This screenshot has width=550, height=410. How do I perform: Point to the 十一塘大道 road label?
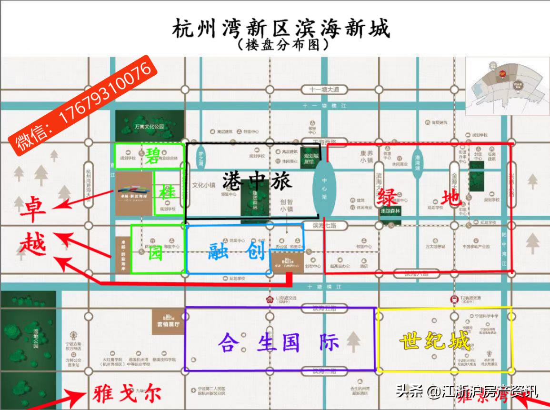pyautogui.click(x=324, y=90)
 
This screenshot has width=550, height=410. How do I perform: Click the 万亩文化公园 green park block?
pyautogui.click(x=150, y=126)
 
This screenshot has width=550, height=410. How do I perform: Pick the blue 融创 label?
pyautogui.click(x=237, y=251)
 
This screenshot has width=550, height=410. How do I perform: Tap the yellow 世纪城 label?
pyautogui.click(x=434, y=341)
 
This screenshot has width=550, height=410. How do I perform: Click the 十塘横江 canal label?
pyautogui.click(x=324, y=287)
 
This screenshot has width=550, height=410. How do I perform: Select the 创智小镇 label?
pyautogui.click(x=286, y=205)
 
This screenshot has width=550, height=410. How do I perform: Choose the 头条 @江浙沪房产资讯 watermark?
pyautogui.click(x=466, y=392)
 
